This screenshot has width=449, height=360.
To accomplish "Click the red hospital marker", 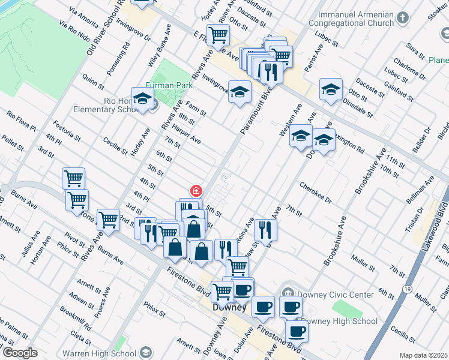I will (x=195, y=191).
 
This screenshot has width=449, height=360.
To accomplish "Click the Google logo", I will (x=20, y=353).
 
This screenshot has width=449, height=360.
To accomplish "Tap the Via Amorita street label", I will (x=83, y=20).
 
